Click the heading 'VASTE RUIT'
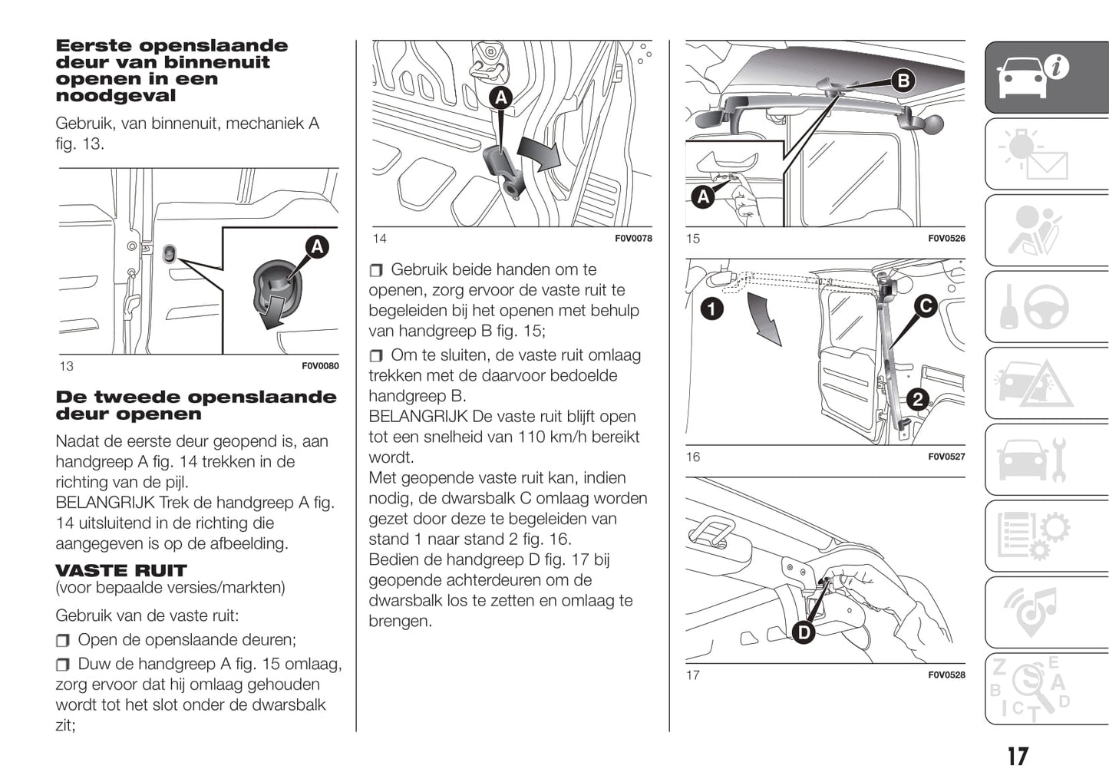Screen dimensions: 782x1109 click(121, 570)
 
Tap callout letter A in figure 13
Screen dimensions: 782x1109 click(316, 246)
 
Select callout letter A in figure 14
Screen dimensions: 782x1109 click(500, 97)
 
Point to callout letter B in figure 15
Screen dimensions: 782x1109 click(903, 81)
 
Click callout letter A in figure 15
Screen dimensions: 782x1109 click(703, 197)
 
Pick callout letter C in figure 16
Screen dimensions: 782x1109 click(926, 306)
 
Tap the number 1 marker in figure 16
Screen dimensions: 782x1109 click(712, 309)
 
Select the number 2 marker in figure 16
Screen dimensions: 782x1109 click(917, 399)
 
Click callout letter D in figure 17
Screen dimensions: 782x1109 click(804, 632)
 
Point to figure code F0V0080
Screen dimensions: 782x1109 click(320, 366)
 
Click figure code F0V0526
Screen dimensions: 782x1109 click(946, 239)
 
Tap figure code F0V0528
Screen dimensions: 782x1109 click(946, 675)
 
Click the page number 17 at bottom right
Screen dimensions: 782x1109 click(1018, 757)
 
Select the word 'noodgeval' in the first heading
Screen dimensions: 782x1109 click(116, 96)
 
